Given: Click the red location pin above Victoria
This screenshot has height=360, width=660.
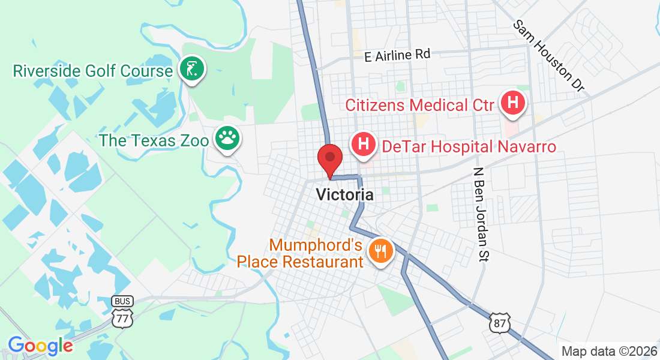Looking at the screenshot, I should pos(329,159).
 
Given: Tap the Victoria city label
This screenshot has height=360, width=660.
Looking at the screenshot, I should pos(344,194).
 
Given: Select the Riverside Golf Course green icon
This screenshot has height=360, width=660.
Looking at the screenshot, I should pos(191,69).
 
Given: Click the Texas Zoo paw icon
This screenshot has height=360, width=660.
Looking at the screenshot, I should pos(227,139).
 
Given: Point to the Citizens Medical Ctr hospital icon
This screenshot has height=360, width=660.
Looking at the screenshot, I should pos(512,103).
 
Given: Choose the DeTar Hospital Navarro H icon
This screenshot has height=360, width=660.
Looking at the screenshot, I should pos(363,145).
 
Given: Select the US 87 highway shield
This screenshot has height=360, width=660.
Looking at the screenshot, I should pos(500,322).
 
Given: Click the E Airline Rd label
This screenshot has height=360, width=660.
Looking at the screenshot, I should pos(397,55).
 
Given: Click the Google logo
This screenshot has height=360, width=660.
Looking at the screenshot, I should pos(40,346).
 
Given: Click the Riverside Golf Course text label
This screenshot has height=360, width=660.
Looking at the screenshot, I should pos(93,71).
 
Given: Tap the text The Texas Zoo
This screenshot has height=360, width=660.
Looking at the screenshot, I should pos(155,140).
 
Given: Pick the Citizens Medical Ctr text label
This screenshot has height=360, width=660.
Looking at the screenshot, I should pos(419,105).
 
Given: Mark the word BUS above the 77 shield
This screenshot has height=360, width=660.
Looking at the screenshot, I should pos(122,301).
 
